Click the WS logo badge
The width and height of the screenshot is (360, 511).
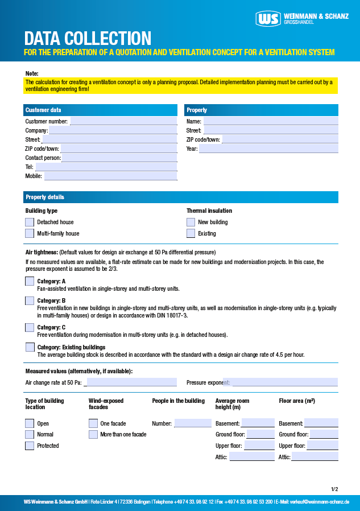tap(268, 19)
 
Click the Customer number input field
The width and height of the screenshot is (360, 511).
tap(123, 121)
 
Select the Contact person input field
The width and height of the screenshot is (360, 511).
tap(119, 158)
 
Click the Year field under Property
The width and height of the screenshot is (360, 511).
tap(268, 149)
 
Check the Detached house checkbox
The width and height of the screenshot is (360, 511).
tap(30, 222)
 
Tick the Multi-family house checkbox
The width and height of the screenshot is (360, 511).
tap(30, 233)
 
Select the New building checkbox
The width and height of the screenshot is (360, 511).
tap(191, 222)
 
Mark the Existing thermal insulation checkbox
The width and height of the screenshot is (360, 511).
tap(191, 233)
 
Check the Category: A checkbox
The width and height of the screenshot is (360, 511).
tap(30, 281)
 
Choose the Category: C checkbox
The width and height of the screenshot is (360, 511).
tap(30, 327)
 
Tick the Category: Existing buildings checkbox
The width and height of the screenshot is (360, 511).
tap(30, 347)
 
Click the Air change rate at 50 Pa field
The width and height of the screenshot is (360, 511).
tap(130, 382)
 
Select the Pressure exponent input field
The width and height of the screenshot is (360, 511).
tap(284, 382)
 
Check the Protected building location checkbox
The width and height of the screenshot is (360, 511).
tap(30, 446)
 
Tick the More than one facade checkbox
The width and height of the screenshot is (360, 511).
tap(93, 434)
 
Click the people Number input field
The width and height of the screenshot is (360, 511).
tap(192, 423)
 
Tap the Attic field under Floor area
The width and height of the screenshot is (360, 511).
tap(315, 457)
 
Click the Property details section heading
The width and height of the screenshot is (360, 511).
tap(45, 197)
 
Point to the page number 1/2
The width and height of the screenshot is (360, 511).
tap(334, 489)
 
